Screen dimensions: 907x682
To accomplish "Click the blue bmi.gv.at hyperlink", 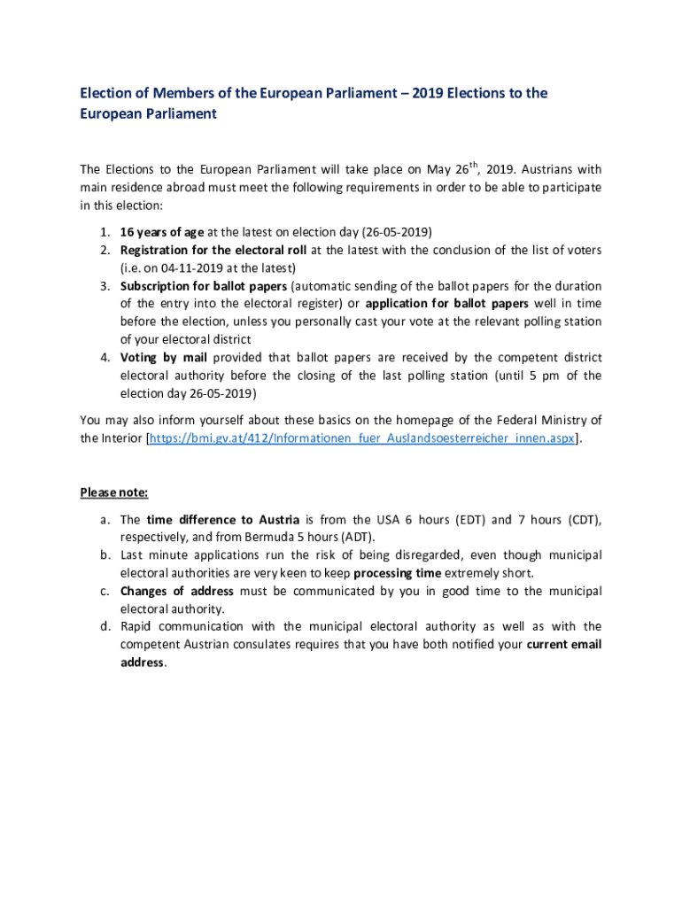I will point(361,438).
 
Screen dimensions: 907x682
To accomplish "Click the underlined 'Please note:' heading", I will point(114,492).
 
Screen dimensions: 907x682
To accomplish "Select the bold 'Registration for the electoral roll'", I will point(213,250).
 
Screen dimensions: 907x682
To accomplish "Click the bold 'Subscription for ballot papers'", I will point(204,286).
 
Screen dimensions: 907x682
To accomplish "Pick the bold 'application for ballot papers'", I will point(447,304).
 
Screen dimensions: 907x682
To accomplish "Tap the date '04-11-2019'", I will point(183,267).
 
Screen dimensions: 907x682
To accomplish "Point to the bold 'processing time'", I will point(395,572).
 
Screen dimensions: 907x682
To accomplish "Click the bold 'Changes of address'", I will point(177,591).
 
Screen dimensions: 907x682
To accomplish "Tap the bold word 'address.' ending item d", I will point(143,663).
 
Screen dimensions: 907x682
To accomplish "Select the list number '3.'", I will point(104,286).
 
